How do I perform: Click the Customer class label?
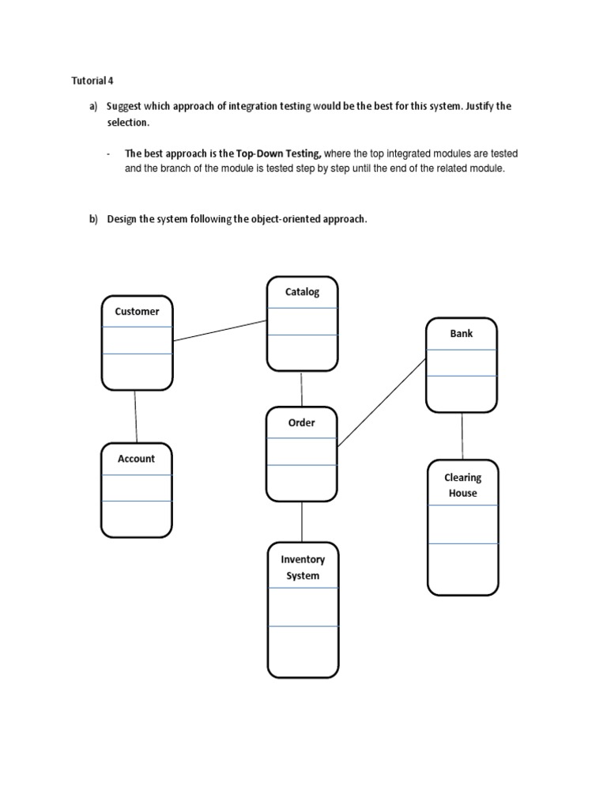137,312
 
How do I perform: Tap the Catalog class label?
302,292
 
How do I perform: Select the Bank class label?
462,333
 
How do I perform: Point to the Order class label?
302,422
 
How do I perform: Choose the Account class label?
136,459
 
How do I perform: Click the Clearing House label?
462,485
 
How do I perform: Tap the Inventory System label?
303,567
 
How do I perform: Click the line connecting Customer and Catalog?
220,331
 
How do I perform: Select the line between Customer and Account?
136,416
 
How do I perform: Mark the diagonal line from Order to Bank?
382,403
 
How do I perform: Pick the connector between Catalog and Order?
301,388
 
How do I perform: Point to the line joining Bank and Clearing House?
462,436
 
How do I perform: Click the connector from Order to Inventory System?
302,522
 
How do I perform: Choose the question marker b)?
93,219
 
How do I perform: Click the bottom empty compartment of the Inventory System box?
303,651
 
